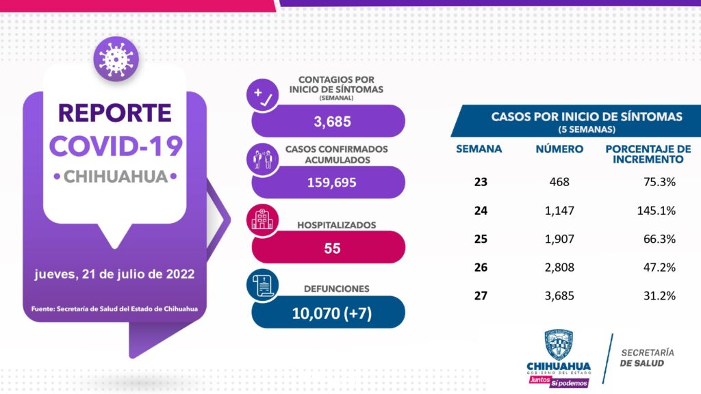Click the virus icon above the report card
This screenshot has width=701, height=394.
(116, 59)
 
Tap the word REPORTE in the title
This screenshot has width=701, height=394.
(115, 113)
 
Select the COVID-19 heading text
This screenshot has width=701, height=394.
(116, 145)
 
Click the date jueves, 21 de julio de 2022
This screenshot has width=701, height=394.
(115, 274)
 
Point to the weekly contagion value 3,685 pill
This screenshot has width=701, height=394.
(329, 122)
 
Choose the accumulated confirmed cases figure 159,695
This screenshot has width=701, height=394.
(329, 183)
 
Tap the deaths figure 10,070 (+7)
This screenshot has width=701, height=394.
(329, 313)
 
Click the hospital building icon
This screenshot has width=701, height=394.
(262, 220)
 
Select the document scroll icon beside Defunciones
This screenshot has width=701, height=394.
(262, 287)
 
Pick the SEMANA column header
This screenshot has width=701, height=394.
(479, 148)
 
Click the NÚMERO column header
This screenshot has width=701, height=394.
(560, 148)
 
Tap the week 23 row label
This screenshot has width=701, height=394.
(480, 182)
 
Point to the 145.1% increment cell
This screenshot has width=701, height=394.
(656, 210)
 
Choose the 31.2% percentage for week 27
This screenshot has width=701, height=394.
(659, 296)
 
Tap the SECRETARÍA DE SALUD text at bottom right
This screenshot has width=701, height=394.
(646, 358)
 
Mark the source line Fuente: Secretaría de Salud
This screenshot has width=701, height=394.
(115, 308)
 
